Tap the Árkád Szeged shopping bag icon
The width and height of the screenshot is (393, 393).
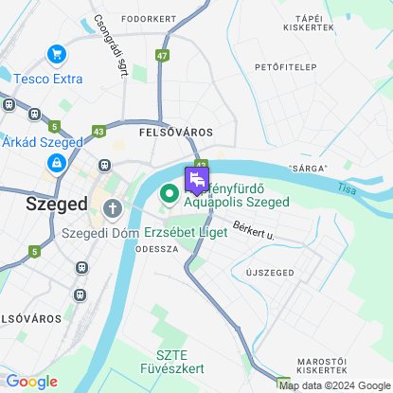tap(56, 164)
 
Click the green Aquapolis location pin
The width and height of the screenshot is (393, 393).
tap(170, 194)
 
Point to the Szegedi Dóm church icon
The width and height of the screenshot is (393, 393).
tap(114, 207)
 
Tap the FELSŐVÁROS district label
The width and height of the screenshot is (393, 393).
tap(175, 133)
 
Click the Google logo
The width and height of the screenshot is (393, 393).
tap(31, 382)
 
